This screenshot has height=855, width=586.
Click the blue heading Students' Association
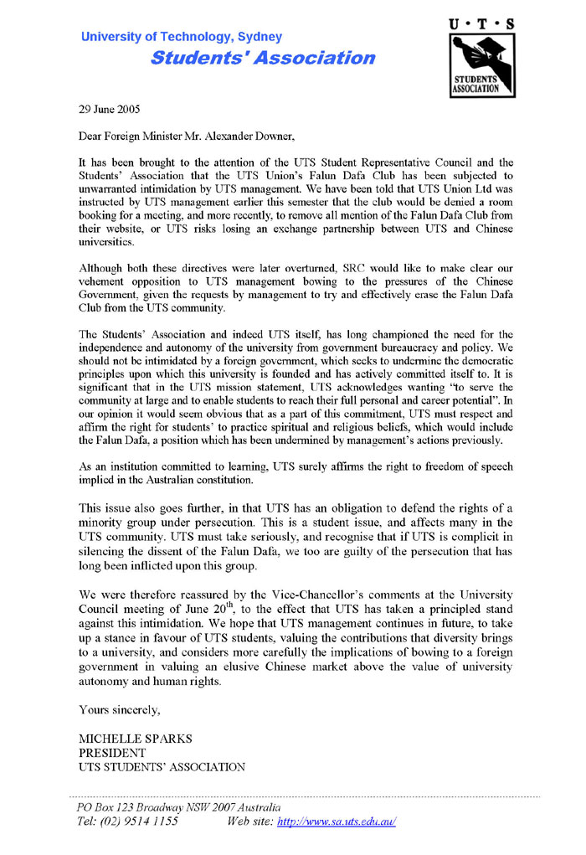pos(263,58)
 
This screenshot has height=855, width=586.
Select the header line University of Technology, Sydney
pos(182,37)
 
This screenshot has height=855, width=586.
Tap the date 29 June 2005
pos(110,109)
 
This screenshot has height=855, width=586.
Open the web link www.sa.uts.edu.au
pos(336,822)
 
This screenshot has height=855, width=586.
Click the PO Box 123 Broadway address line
pos(174,807)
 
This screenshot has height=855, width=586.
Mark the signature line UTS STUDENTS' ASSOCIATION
pos(162,766)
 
